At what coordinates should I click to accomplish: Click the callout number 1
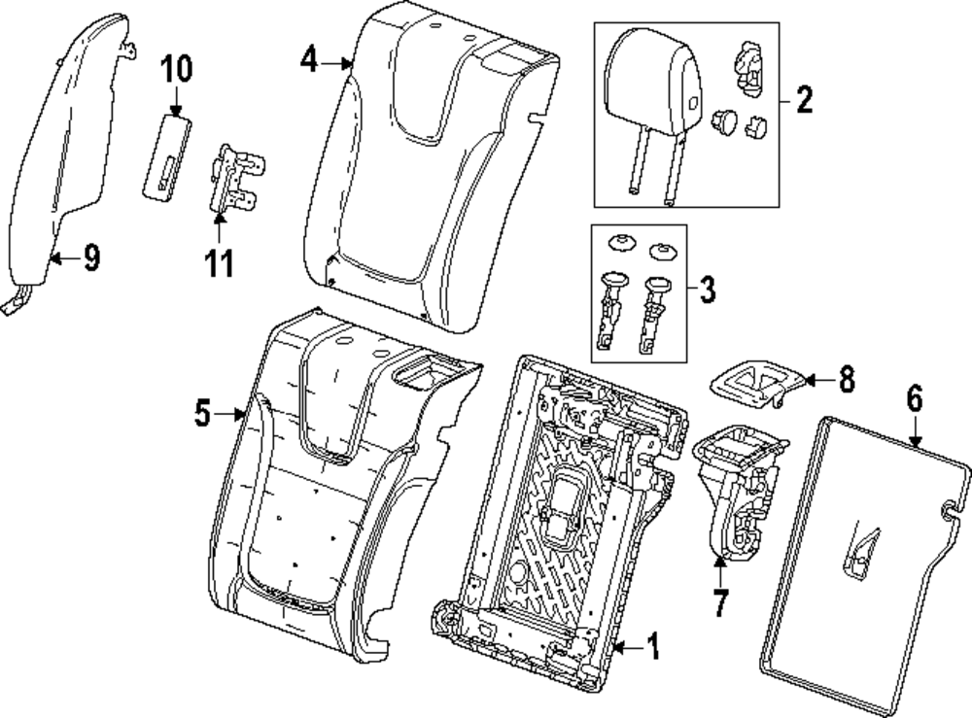[x=652, y=646]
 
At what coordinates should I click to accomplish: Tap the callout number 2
[x=804, y=99]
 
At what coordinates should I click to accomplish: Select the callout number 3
[x=707, y=288]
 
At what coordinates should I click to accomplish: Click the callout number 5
[x=201, y=414]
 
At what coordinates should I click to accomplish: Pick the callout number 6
[x=914, y=398]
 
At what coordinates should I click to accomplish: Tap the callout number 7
[x=719, y=602]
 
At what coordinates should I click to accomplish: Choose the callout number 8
[x=846, y=380]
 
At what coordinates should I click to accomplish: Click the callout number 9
[x=90, y=257]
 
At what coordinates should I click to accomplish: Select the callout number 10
[x=177, y=69]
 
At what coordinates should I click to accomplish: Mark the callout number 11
[x=222, y=262]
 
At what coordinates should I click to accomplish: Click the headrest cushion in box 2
[x=650, y=87]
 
